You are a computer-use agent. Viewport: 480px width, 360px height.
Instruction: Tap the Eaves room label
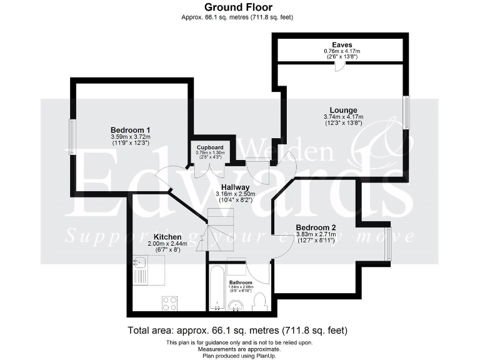342,45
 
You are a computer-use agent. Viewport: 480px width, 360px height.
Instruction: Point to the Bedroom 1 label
131,130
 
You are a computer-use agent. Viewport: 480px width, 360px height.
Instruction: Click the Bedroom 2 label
316,227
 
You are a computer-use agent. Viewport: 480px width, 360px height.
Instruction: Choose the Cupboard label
210,147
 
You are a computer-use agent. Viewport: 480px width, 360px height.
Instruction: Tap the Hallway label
236,187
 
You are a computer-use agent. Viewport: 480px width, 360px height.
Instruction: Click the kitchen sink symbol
139,271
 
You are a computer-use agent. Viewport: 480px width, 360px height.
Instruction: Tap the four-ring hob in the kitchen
170,302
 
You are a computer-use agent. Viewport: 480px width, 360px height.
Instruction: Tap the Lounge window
405,113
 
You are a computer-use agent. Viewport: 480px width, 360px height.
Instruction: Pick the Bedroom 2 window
388,244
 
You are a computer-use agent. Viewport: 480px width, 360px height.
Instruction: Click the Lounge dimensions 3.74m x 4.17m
344,117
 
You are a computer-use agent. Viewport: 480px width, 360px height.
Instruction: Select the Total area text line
237,330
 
